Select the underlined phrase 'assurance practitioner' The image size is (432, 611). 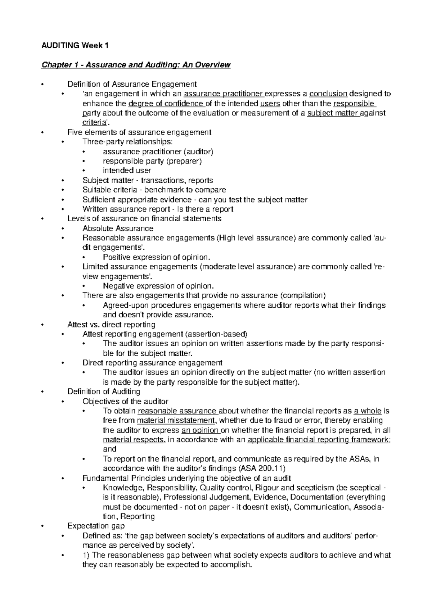[x=224, y=94]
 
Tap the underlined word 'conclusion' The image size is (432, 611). [x=328, y=94]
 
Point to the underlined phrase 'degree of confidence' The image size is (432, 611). [x=166, y=104]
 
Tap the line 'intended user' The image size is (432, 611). [x=127, y=171]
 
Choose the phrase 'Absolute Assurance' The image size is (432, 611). [x=118, y=228]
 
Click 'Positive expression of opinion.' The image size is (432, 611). [x=156, y=257]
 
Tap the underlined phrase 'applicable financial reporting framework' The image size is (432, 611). [x=319, y=440]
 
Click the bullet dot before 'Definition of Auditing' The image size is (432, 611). [x=42, y=392]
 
